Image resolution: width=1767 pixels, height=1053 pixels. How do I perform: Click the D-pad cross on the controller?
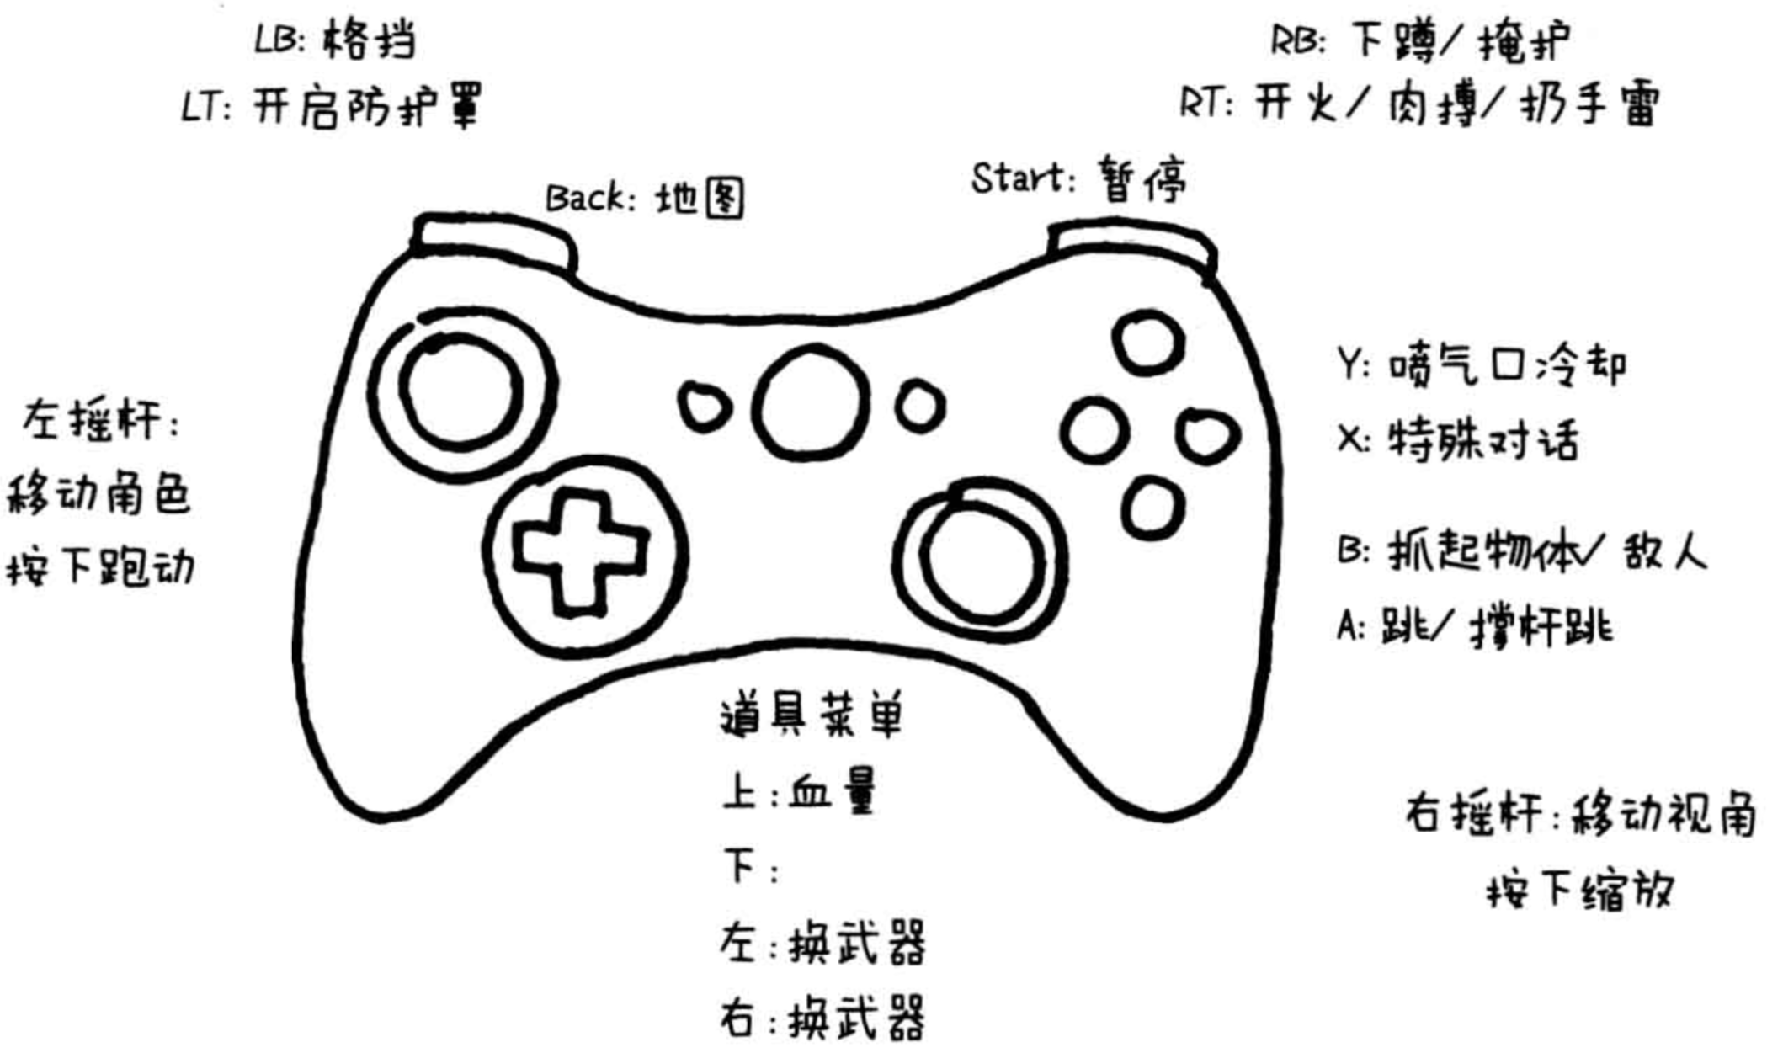click(580, 551)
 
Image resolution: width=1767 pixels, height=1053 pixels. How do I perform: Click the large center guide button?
click(810, 404)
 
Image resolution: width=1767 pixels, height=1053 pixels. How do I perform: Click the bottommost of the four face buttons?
click(1152, 508)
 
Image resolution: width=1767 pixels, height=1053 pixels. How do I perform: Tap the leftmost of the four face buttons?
click(1094, 431)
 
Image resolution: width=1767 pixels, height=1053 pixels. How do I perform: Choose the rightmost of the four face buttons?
click(1208, 436)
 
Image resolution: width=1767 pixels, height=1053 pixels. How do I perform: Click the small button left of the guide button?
click(704, 407)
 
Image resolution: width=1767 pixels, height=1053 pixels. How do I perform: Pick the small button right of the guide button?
click(919, 407)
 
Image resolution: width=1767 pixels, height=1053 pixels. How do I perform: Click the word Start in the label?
click(1019, 178)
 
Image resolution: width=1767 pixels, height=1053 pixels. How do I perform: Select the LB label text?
click(279, 40)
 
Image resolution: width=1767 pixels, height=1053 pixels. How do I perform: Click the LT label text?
click(205, 109)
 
